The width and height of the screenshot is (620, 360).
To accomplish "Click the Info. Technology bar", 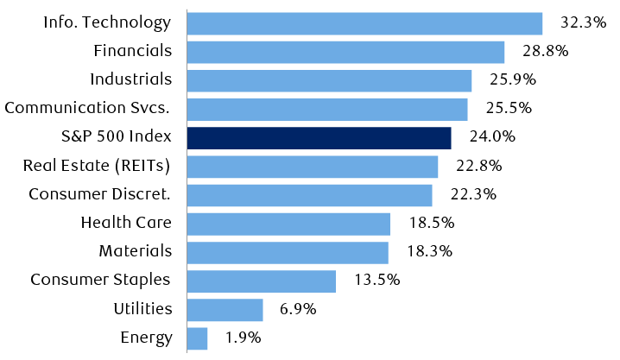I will point(364,23).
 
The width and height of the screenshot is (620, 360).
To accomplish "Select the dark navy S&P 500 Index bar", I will point(319,138).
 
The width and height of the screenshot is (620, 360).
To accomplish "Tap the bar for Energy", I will point(197,338).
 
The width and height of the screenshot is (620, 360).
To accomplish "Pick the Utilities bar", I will point(225,309).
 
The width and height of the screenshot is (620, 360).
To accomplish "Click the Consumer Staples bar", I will point(261,281).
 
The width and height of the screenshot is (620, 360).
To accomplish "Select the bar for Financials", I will point(345,52).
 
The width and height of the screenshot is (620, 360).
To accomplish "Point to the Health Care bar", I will point(288,224).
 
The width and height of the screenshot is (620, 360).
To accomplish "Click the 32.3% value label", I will point(582,23).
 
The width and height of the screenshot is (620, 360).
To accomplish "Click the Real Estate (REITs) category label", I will point(97,166).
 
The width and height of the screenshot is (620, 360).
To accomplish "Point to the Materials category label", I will point(135,251).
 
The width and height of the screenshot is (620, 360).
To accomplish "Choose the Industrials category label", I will point(131,80).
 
